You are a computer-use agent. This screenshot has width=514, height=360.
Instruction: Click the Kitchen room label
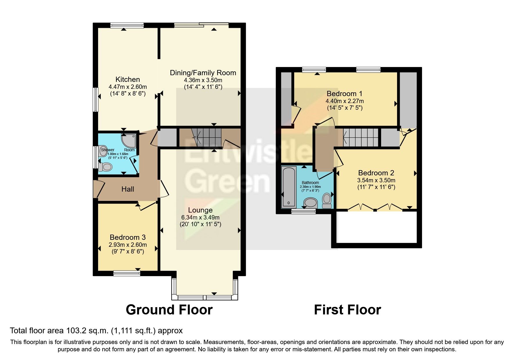point(128,79)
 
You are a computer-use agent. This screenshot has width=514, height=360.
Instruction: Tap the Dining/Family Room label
point(203,73)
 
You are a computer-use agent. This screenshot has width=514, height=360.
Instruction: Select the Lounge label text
point(200,210)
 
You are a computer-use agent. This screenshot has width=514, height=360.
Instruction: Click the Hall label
point(128,189)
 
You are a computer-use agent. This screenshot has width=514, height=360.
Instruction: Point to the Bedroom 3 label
point(128,237)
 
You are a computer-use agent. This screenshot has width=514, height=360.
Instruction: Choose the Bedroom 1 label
point(345,94)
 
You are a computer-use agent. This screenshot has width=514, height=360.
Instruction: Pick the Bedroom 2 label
point(376,173)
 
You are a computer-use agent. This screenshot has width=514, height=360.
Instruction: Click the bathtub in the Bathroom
point(289,186)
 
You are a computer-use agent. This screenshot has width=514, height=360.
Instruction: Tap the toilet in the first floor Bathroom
point(327,200)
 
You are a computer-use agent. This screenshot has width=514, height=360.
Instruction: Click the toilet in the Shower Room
point(105,167)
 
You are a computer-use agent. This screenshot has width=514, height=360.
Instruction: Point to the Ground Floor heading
point(169,310)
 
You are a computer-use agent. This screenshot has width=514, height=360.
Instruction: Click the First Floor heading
point(347,310)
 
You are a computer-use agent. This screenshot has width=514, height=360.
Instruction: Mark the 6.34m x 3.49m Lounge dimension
point(200,217)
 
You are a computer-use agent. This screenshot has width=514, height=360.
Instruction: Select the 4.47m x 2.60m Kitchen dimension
point(128,87)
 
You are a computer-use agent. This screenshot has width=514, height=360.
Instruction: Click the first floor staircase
point(361,137)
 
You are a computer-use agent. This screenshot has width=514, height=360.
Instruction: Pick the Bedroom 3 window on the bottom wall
point(127,273)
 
